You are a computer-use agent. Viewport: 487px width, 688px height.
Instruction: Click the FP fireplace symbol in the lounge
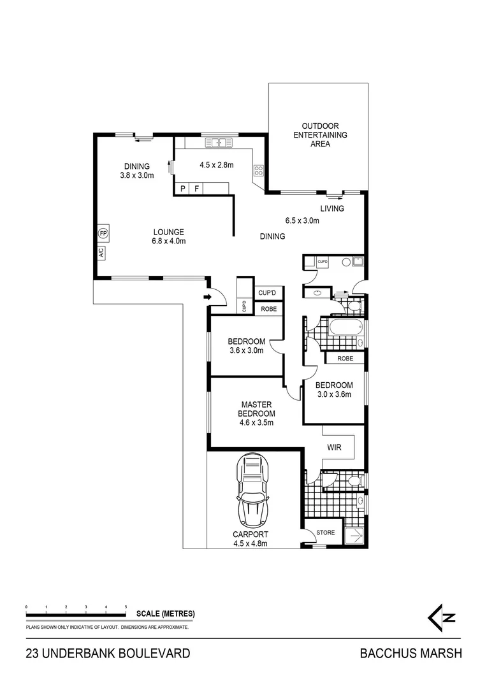click(x=103, y=233)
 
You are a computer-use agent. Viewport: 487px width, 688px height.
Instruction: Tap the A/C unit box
click(x=102, y=252)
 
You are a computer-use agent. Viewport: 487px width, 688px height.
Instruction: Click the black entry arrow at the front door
click(x=207, y=297)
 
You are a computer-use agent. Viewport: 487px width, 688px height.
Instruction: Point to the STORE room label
click(x=326, y=533)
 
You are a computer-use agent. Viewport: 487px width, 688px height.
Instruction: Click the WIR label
click(x=334, y=448)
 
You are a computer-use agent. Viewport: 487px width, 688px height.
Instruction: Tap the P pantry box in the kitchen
click(x=183, y=189)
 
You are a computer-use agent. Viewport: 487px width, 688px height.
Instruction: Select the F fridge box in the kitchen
click(x=197, y=189)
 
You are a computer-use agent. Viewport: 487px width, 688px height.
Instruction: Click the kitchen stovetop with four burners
click(x=259, y=170)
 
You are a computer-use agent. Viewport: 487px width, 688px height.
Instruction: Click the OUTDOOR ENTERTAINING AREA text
click(x=320, y=135)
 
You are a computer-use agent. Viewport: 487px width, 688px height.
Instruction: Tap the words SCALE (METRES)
click(x=165, y=614)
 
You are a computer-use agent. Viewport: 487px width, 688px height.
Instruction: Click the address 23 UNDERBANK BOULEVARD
click(x=108, y=653)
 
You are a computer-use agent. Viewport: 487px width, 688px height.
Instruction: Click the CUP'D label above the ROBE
click(x=267, y=293)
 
